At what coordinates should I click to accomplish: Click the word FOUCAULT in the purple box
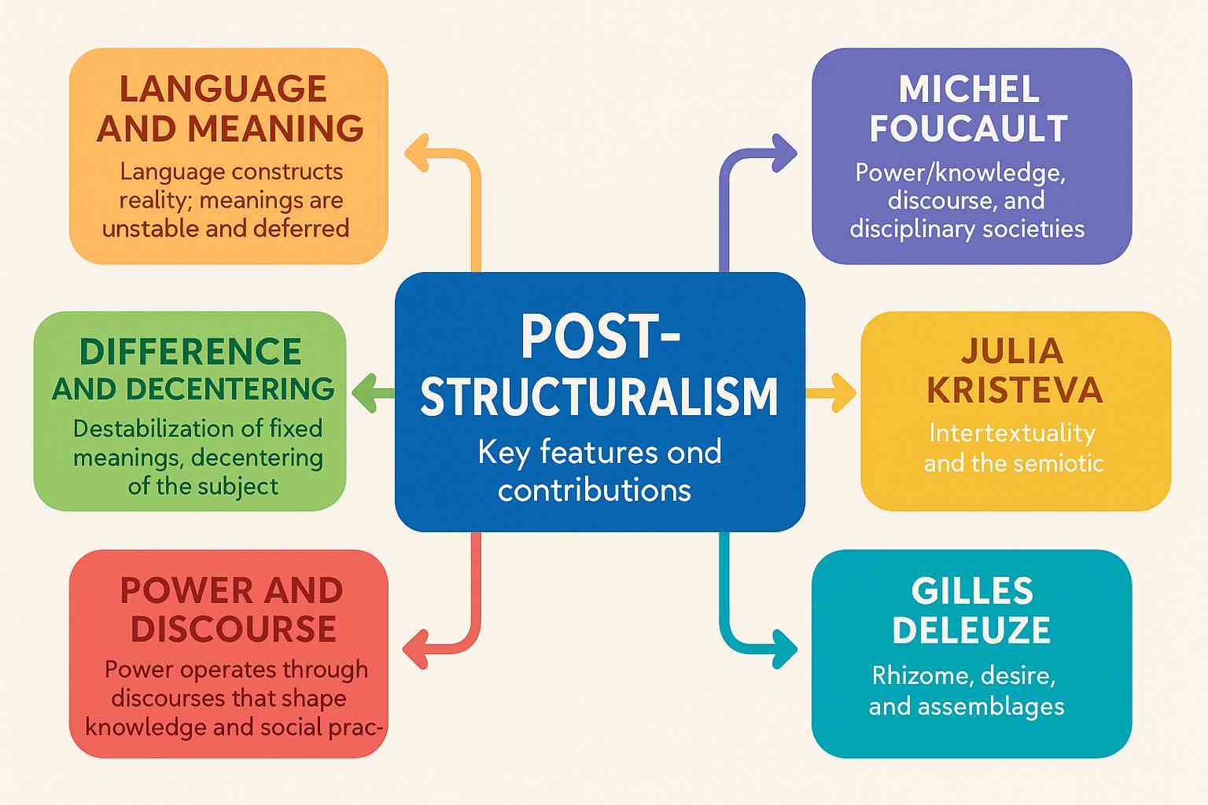(x=968, y=129)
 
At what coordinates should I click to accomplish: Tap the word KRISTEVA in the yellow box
(x=1015, y=391)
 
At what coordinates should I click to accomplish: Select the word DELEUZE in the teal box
(x=971, y=630)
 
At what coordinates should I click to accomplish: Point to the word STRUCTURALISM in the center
(x=599, y=396)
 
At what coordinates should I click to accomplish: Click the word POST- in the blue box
(x=600, y=337)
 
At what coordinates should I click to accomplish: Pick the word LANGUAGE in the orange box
(x=223, y=89)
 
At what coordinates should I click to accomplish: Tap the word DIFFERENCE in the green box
(x=190, y=351)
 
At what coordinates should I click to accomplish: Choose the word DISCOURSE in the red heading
(x=234, y=629)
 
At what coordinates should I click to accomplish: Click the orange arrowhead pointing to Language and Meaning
(x=417, y=153)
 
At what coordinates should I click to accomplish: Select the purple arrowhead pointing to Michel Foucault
(x=785, y=153)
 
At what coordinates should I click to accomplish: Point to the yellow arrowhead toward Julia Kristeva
(x=845, y=392)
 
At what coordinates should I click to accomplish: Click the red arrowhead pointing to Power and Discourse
(x=416, y=649)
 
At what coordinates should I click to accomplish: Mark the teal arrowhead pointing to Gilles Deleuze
(x=785, y=649)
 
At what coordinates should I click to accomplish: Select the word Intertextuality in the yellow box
(x=1012, y=432)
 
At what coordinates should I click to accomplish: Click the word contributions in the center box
(x=595, y=490)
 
